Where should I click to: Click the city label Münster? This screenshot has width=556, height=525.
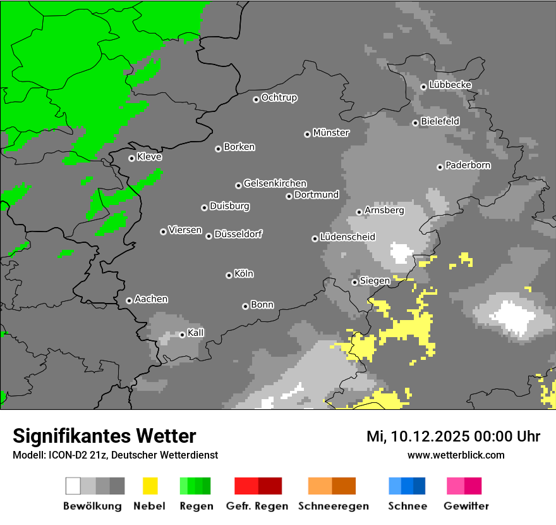coord(331,133)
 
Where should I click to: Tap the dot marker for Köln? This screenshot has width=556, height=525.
coord(229,275)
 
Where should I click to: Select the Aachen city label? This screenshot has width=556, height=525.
coord(151,299)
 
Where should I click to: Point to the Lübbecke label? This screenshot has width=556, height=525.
coord(450,85)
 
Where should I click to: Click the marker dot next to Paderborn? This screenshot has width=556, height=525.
coord(440,167)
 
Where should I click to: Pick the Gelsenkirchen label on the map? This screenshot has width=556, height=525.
coord(275,183)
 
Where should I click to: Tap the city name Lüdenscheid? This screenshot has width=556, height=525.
coord(347,237)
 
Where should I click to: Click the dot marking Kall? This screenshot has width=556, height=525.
coord(182,335)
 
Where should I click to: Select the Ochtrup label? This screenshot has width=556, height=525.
coord(279,97)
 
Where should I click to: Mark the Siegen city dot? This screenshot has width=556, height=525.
coord(354,282)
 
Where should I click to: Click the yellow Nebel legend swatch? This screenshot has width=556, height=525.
coord(150,486)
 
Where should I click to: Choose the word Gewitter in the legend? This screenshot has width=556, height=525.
coord(466,506)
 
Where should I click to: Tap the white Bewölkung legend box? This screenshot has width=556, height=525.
coord(73,486)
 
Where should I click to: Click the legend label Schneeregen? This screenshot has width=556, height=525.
coord(334,506)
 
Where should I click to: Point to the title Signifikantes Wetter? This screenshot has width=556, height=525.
coord(104,436)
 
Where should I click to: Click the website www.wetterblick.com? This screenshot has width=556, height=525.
coord(456,455)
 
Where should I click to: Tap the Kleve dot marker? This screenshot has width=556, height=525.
coord(131,158)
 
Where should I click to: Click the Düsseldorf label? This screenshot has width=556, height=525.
coord(238,234)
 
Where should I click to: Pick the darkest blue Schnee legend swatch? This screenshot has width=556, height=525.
coord(419,486)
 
